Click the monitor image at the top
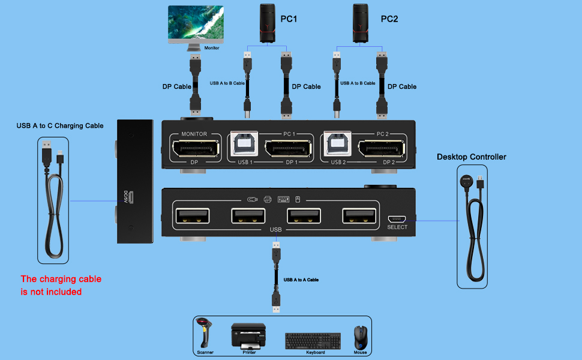[x=196, y=25]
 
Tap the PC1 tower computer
[x=268, y=23]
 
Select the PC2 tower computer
[x=361, y=23]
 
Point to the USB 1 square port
[x=245, y=146]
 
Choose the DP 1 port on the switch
[x=290, y=150]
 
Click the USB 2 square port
[x=338, y=146]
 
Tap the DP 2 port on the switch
[x=384, y=150]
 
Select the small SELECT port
[x=397, y=218]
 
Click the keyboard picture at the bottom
[x=314, y=340]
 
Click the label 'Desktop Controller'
[x=471, y=157]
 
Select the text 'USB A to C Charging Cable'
[x=60, y=125]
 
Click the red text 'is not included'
[x=51, y=292]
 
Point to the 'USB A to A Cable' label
[x=301, y=280]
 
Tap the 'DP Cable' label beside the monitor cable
[x=177, y=86]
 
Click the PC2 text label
[x=389, y=19]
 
